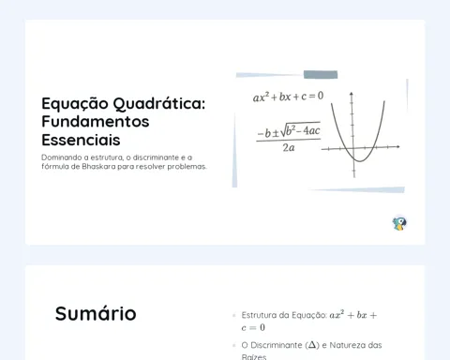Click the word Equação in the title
75,104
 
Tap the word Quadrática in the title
159,104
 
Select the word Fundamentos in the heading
96,121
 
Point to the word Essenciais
81,140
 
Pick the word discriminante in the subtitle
156,157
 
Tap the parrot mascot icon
399,223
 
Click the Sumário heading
96,313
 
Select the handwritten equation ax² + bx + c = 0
288,97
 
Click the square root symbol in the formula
284,130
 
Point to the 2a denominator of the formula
289,147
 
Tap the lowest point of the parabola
360,161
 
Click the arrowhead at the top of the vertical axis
352,94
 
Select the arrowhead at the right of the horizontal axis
397,146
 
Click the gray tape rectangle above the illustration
321,75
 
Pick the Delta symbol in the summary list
311,345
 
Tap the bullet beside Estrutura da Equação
234,315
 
